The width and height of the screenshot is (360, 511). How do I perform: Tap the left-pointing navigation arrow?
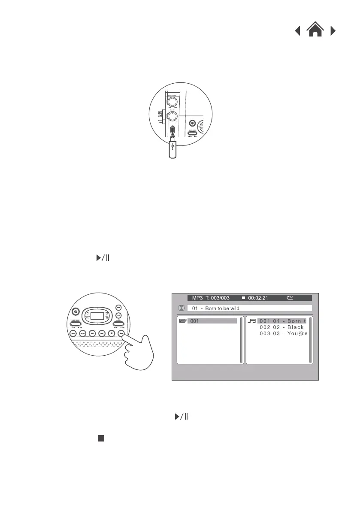tap(297, 31)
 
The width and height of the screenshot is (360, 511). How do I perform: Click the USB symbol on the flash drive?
tap(172, 148)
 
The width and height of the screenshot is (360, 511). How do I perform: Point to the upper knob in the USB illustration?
tap(172, 101)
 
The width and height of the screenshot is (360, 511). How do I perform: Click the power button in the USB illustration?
tap(193, 123)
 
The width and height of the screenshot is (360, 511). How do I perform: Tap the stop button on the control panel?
tap(112, 333)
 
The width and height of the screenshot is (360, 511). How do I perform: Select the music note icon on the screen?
tap(251, 321)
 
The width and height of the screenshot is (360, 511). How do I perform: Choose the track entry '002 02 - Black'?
tap(281, 327)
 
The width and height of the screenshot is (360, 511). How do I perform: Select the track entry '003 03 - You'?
tap(281, 333)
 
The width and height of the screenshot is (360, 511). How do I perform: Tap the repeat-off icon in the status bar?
tap(290, 298)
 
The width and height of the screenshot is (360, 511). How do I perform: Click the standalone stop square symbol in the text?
tap(100, 438)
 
